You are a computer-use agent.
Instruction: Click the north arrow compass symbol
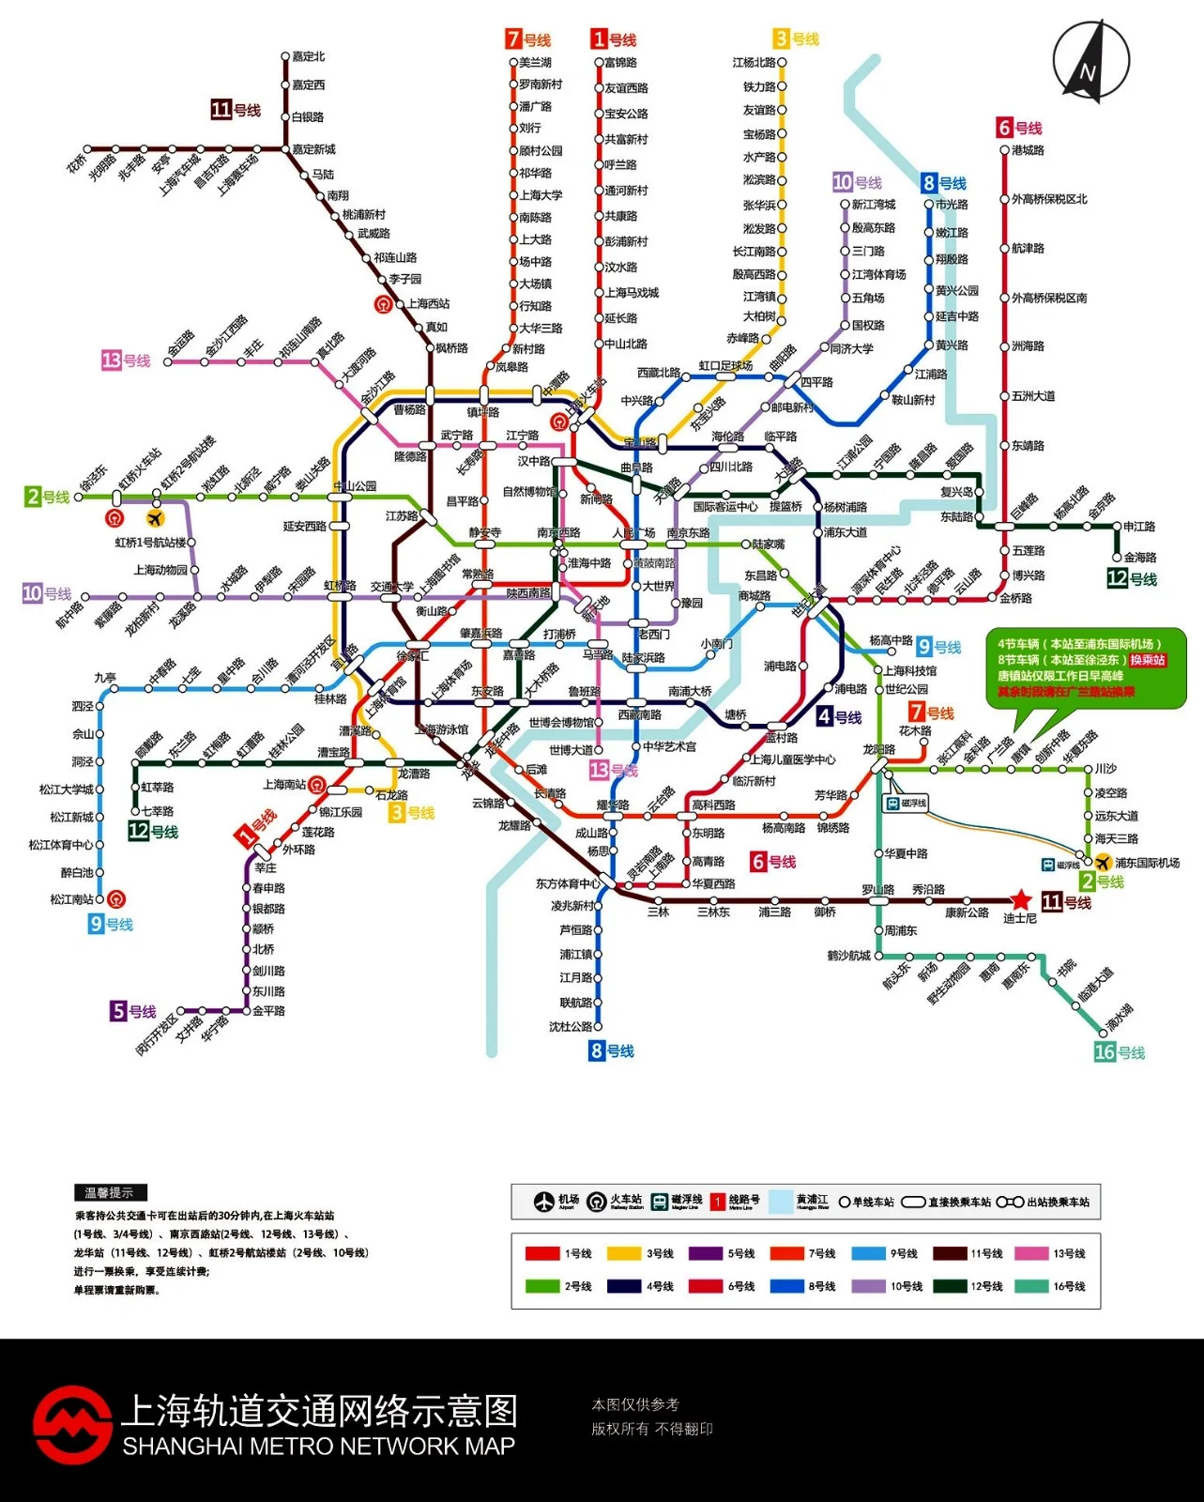click(x=1090, y=60)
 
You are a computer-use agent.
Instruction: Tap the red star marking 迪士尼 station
click(x=1020, y=899)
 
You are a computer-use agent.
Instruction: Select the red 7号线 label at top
click(x=528, y=38)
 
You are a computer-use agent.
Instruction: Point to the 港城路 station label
click(x=1028, y=150)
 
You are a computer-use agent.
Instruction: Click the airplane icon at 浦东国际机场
click(x=1103, y=862)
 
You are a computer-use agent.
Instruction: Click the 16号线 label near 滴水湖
click(x=1119, y=1052)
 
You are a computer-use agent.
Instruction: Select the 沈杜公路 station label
click(x=570, y=1026)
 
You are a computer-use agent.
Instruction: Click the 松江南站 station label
click(x=71, y=899)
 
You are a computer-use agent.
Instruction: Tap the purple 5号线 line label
click(x=132, y=1011)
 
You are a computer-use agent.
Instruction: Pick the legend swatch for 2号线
click(x=542, y=1286)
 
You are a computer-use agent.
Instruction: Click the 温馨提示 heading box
click(x=110, y=1192)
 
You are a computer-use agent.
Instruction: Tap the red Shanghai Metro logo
click(x=72, y=1424)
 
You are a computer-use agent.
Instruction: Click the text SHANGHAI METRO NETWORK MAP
click(x=318, y=1447)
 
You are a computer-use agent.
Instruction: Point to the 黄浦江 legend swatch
click(x=781, y=1202)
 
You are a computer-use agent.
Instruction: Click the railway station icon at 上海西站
click(x=382, y=304)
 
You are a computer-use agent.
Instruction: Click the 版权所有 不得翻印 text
click(x=651, y=1429)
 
